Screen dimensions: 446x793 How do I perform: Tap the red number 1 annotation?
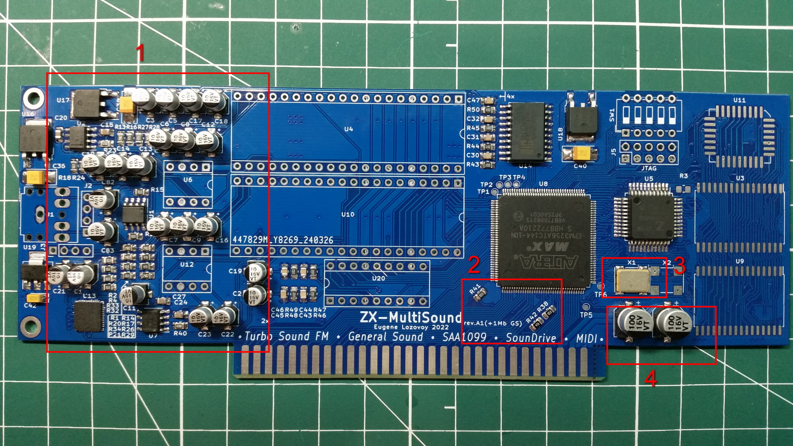[x=140, y=53]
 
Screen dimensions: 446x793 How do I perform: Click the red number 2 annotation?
[x=474, y=265]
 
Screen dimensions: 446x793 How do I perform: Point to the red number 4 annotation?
[x=651, y=378]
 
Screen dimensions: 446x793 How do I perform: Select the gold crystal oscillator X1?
[x=632, y=280]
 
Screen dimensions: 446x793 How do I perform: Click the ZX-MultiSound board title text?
[x=410, y=317]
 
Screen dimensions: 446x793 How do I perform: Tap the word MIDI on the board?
[x=586, y=339]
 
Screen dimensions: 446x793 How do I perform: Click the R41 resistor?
[x=479, y=295]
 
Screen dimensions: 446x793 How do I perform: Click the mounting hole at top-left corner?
[x=33, y=98]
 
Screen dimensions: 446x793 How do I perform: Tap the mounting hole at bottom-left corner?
[x=30, y=326]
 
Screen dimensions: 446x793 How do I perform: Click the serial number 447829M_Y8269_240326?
[x=283, y=240]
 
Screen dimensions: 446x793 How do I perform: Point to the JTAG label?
[x=649, y=168]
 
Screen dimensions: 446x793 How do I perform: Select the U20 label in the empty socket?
[x=378, y=278]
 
